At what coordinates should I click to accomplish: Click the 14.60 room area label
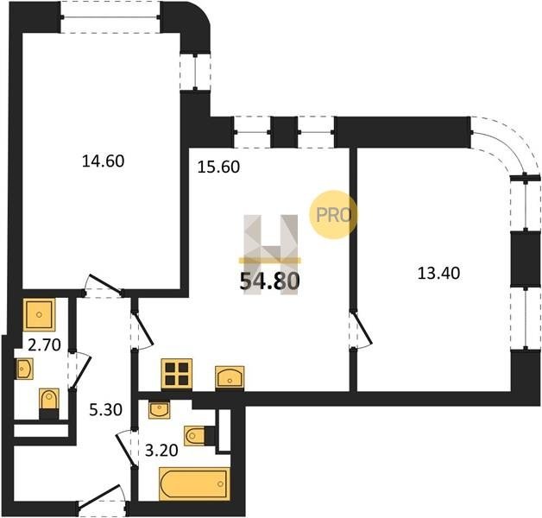click(x=103, y=161)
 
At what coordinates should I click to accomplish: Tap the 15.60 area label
click(x=218, y=167)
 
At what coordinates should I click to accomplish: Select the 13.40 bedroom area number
click(x=438, y=273)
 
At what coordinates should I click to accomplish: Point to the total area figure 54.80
click(x=269, y=281)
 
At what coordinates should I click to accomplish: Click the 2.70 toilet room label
click(x=44, y=344)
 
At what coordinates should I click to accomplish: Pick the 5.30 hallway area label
click(x=106, y=410)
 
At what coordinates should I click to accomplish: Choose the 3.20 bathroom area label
click(x=161, y=450)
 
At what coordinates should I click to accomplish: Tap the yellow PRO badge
click(x=333, y=215)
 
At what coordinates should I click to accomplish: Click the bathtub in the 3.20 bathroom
click(x=194, y=483)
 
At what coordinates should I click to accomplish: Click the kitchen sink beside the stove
click(x=230, y=377)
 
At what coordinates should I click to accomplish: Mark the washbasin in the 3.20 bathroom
click(x=159, y=410)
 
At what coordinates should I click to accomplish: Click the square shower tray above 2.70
click(x=39, y=314)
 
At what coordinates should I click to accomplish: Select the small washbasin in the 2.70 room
click(x=24, y=369)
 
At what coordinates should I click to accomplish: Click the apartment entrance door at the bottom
click(x=101, y=499)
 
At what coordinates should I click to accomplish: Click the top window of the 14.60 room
click(x=110, y=17)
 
